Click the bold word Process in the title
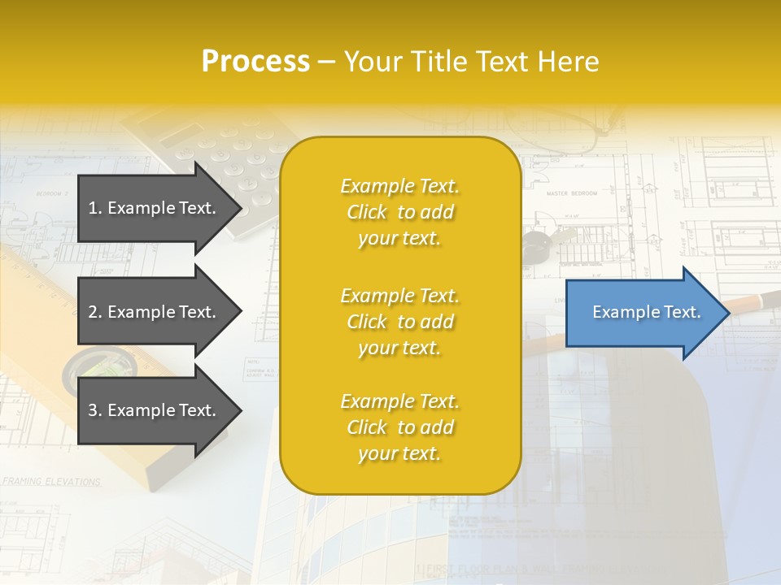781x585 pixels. [255, 62]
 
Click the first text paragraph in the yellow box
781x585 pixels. [399, 212]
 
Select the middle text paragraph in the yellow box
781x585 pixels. [399, 322]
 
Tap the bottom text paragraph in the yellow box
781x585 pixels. [399, 427]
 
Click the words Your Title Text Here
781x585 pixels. [471, 62]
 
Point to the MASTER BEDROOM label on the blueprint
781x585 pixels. [571, 193]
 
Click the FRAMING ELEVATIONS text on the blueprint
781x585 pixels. [50, 482]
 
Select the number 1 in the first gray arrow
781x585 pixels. [93, 208]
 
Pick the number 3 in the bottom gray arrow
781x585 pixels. [93, 410]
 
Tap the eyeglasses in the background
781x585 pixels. [561, 122]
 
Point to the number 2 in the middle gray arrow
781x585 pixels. [93, 312]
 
